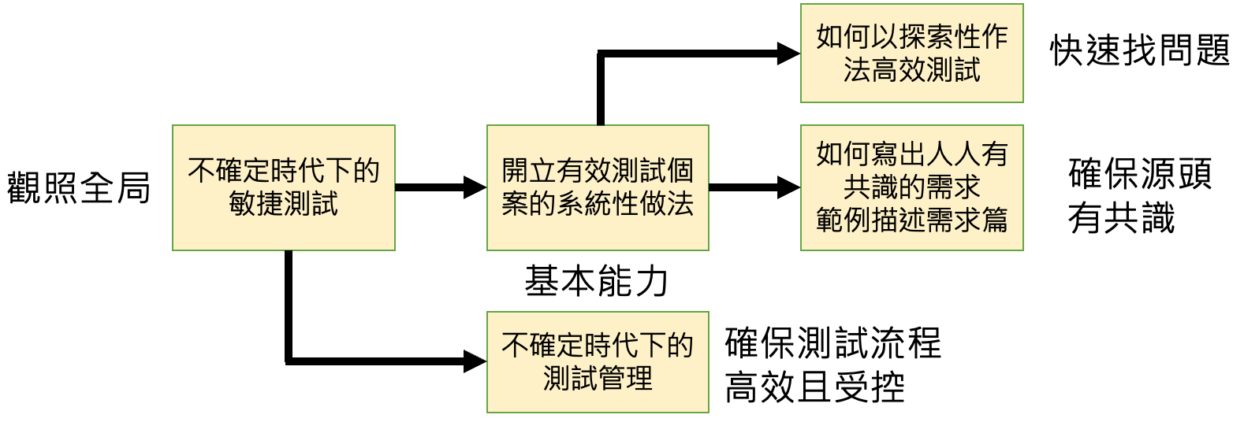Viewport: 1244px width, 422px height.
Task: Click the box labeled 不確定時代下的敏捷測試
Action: (x=283, y=187)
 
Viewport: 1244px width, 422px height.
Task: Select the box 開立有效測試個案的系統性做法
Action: (x=598, y=187)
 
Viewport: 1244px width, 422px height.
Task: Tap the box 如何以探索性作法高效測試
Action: (x=911, y=54)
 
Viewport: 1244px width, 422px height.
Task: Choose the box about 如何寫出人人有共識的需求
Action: (x=911, y=187)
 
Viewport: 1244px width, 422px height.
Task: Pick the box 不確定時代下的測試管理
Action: (x=598, y=362)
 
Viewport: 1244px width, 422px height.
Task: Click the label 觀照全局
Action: (x=79, y=188)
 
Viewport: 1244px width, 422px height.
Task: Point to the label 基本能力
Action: (x=597, y=281)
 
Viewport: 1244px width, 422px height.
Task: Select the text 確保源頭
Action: (x=1140, y=173)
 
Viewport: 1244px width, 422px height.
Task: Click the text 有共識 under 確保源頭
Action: (x=1121, y=218)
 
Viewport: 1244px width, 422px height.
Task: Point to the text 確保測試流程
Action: (x=832, y=343)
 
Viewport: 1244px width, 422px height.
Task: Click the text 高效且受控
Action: (x=814, y=387)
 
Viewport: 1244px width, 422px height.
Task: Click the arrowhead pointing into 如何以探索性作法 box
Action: (x=788, y=54)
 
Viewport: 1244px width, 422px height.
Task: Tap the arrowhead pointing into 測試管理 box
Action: (x=475, y=362)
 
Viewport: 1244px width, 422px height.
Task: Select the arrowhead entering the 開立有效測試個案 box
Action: (x=475, y=187)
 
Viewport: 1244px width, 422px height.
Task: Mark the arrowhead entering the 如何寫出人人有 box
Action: (x=788, y=187)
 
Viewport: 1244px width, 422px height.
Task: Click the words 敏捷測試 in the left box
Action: (x=283, y=205)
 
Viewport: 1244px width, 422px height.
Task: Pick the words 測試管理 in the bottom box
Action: (x=598, y=379)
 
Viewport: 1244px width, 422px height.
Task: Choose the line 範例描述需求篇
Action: (x=911, y=220)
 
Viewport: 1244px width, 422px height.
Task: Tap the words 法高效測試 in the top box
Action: (x=911, y=70)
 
